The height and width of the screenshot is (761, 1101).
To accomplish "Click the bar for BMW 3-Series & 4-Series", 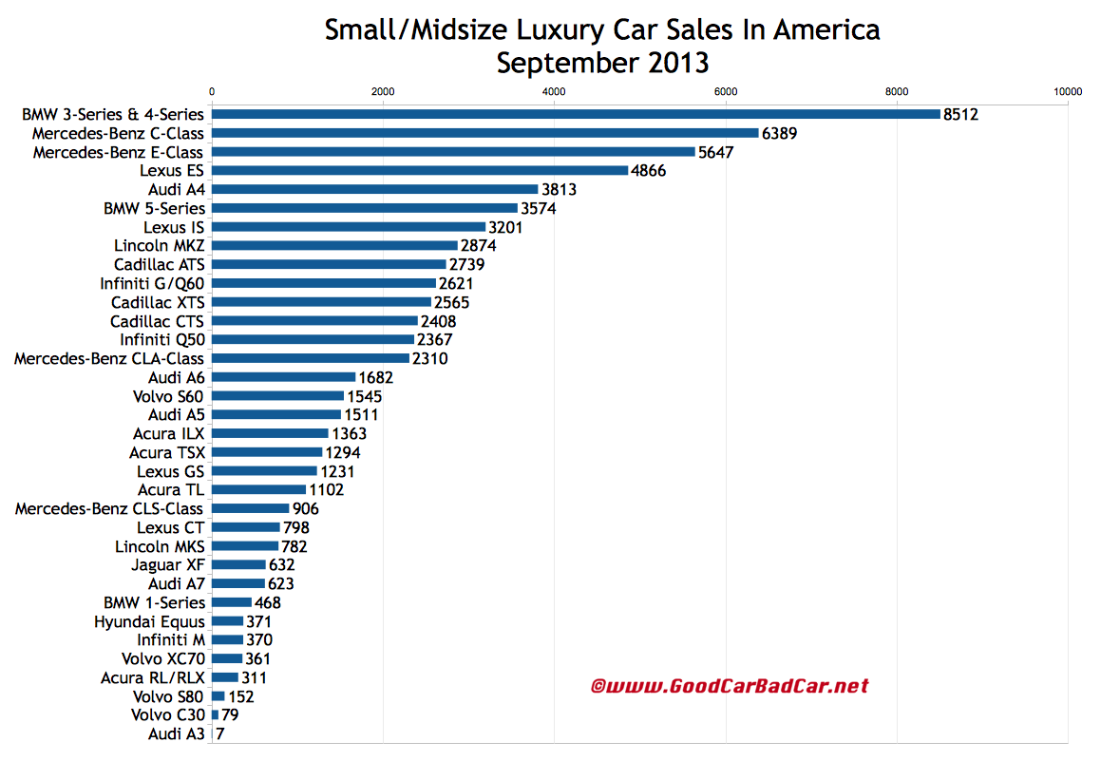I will point(575,114).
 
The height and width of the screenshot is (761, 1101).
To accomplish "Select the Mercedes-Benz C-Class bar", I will point(484,133).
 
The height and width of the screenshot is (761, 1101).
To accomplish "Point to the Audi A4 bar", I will point(374,189).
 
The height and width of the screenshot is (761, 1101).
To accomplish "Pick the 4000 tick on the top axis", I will point(554,91).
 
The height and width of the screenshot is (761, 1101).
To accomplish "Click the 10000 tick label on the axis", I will point(1068,91).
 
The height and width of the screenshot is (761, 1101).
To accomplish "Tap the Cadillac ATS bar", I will point(329,264).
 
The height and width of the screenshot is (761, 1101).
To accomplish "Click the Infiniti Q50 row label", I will point(161,339).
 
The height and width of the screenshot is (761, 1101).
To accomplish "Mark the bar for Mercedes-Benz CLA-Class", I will point(310,358).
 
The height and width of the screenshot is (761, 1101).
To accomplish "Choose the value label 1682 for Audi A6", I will point(376,377).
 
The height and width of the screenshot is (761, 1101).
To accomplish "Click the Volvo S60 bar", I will point(277,396).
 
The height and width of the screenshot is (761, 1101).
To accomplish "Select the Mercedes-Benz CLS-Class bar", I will point(250,508).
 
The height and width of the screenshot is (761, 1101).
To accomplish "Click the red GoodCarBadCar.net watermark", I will point(730,685).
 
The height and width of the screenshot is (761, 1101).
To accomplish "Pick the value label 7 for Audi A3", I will point(220,734).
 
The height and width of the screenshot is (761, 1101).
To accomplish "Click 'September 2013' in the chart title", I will point(602,64).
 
